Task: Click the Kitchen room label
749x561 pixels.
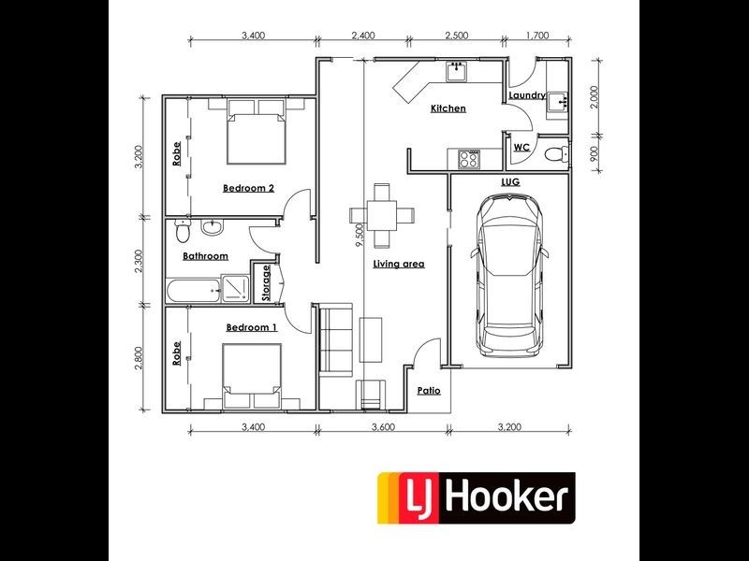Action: (x=448, y=109)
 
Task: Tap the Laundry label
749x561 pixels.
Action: (x=527, y=95)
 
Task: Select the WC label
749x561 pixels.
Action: (x=521, y=148)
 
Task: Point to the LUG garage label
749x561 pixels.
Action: (x=510, y=180)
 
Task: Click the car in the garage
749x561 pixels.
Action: (x=510, y=276)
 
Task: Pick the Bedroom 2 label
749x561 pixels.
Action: (x=248, y=188)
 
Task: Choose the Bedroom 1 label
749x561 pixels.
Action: (x=252, y=327)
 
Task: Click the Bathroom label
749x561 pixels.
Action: (x=205, y=255)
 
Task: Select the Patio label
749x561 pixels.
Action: (x=429, y=391)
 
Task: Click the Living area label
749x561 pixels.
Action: (x=399, y=264)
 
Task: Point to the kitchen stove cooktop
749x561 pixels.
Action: (x=469, y=159)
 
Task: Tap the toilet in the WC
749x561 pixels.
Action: (x=555, y=153)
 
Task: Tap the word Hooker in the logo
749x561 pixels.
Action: (x=505, y=496)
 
